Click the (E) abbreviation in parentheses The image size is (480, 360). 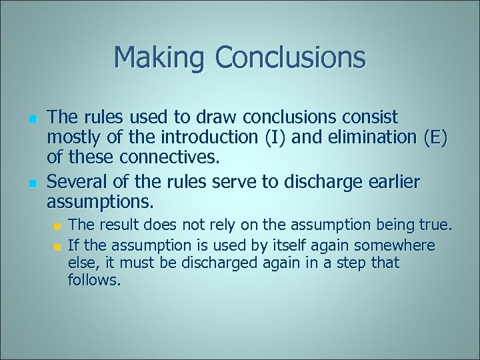[x=433, y=139]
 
